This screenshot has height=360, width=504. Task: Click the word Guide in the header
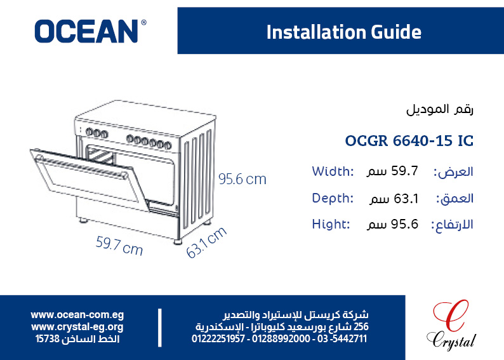tap(395, 32)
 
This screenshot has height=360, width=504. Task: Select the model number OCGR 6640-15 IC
tap(409, 141)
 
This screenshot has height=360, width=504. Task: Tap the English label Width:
tap(333, 171)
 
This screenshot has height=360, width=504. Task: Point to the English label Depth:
tap(333, 198)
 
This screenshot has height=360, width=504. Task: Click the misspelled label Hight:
tap(331, 224)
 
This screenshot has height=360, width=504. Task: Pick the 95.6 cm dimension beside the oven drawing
tap(242, 179)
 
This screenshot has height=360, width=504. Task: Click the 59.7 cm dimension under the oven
tap(119, 246)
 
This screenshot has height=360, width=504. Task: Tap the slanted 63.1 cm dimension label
tap(206, 243)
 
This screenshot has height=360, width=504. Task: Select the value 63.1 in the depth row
tap(406, 199)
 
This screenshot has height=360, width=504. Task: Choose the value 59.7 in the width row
tap(405, 171)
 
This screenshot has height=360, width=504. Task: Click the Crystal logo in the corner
tap(451, 325)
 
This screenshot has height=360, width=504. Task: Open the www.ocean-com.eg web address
tap(77, 315)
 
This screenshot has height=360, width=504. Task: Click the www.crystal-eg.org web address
tap(77, 327)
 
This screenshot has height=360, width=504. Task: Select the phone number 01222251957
tap(218, 339)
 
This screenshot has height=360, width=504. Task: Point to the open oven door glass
tap(91, 179)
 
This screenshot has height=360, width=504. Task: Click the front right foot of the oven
tap(178, 241)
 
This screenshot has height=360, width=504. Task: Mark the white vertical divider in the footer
tap(160, 328)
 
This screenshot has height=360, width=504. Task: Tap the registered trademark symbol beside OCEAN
tap(143, 22)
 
